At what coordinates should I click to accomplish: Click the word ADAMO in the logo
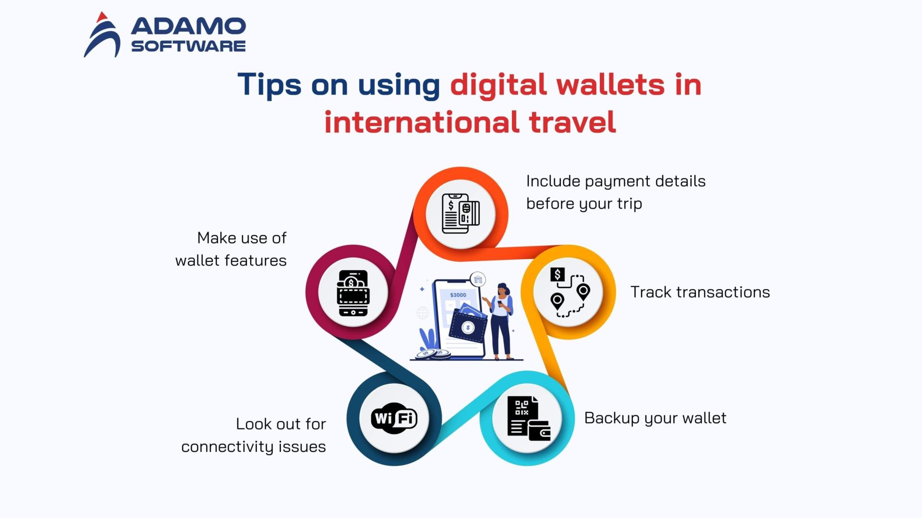pos(188,26)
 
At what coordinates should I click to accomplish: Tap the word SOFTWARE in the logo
pos(188,46)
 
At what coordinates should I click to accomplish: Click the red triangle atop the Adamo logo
pos(101,17)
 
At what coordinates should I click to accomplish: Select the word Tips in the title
pos(269,84)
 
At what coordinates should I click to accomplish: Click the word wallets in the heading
pos(610,84)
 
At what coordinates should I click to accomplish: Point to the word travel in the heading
pos(572,122)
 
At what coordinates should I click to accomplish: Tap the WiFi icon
pos(394,418)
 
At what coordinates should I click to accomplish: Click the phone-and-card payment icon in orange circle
pos(461,213)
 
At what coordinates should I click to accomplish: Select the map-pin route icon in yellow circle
pos(569,292)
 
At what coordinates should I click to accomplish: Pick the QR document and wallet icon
pos(527,418)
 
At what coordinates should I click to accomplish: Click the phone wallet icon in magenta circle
pos(353,292)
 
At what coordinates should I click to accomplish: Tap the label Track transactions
pos(700,292)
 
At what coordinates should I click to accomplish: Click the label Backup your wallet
pos(655,418)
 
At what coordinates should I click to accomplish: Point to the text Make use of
pos(242,238)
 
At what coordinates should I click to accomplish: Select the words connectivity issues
pos(253,447)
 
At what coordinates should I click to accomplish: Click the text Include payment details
pos(616,181)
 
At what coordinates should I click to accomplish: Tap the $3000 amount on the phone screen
pos(458,295)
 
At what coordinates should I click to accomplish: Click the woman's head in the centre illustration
pos(502,289)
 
